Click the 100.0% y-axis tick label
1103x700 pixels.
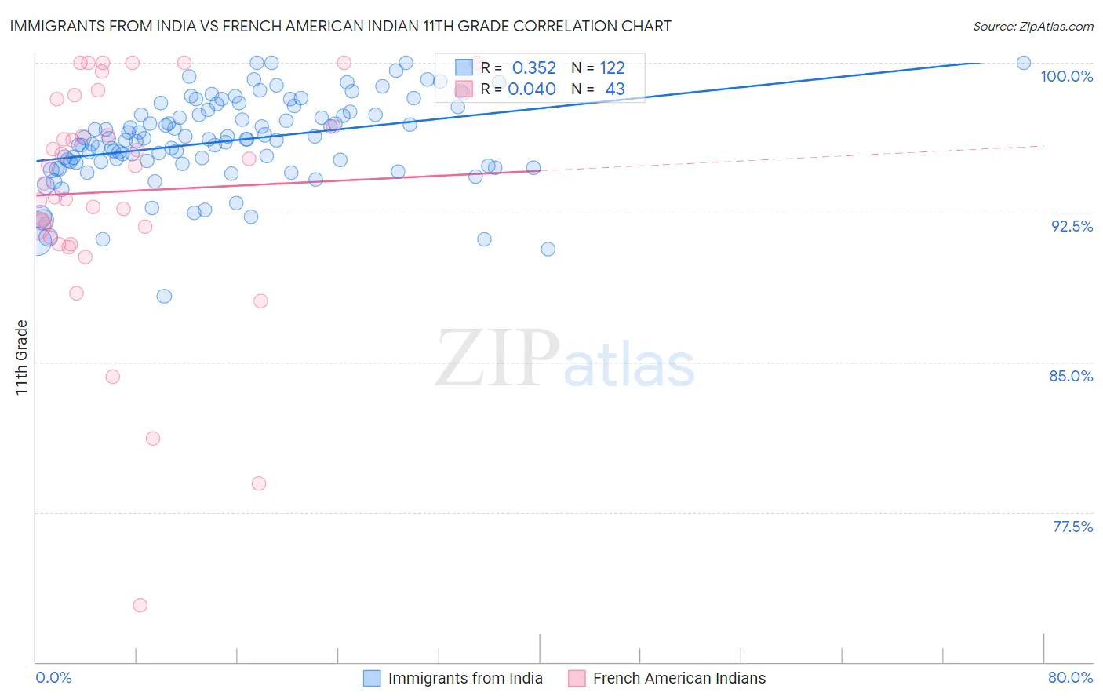1066,76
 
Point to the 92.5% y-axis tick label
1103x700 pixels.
1072,226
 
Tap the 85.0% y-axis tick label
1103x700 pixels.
1071,376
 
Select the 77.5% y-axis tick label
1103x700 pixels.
1072,527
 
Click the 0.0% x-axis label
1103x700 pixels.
53,677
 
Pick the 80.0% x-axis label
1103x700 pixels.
1070,677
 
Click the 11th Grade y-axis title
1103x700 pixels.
22,357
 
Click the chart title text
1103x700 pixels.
340,26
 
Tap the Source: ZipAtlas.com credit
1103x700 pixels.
1032,27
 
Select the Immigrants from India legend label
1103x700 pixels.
465,678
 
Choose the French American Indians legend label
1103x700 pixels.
679,678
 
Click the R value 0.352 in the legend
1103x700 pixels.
533,68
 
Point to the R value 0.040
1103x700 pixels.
532,89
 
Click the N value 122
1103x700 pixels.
612,68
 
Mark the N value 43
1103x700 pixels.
615,89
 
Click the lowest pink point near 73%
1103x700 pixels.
140,605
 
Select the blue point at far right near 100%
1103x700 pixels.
1024,63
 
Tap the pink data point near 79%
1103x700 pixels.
259,483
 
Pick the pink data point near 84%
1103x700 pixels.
113,377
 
